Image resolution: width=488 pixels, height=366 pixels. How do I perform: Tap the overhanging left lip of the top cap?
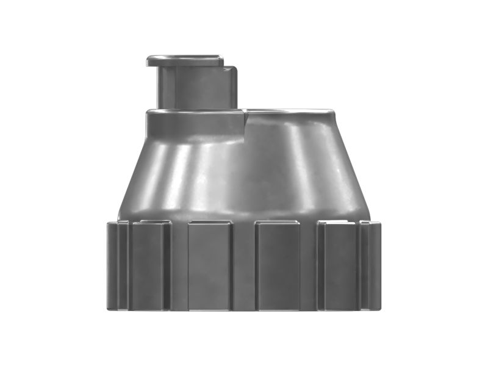pyautogui.click(x=150, y=60)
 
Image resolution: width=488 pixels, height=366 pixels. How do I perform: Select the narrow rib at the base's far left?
pyautogui.click(x=113, y=265)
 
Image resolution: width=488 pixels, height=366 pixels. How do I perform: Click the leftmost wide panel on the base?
pyautogui.click(x=148, y=265)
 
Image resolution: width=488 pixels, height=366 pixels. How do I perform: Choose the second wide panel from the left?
pyautogui.click(x=209, y=265)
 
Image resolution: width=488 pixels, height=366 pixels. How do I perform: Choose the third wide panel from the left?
pyautogui.click(x=277, y=265)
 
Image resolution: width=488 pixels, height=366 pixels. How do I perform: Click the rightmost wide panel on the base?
pyautogui.click(x=339, y=265)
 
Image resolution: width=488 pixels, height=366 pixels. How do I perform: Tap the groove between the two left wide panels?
pyautogui.click(x=179, y=265)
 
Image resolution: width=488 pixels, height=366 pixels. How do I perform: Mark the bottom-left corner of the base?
pyautogui.click(x=108, y=309)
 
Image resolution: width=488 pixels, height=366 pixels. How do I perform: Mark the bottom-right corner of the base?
pyautogui.click(x=380, y=309)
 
